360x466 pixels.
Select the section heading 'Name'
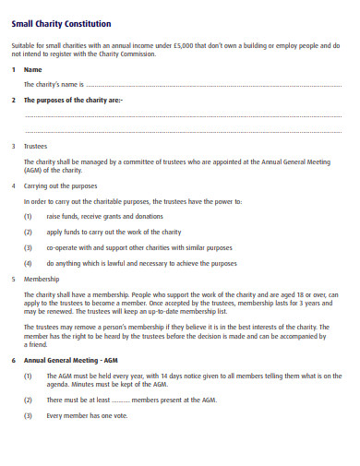point(32,69)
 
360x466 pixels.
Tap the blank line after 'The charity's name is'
point(212,85)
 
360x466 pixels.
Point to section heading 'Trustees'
point(36,146)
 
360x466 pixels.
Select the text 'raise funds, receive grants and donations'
point(104,216)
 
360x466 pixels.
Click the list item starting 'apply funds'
point(114,232)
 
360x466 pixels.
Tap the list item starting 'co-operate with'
point(140,247)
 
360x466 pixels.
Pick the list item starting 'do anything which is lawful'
point(141,263)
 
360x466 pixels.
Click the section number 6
point(13,359)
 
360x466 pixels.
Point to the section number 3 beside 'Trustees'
point(13,146)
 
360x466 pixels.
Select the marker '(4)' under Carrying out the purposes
point(28,263)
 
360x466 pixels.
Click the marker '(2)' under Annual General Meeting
point(28,400)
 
